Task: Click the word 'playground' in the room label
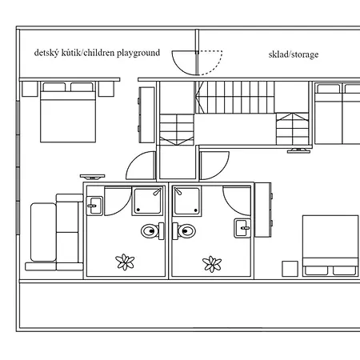tap(138, 53)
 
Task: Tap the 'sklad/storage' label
tap(294, 54)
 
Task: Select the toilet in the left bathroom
tap(153, 231)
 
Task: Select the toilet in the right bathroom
tap(184, 231)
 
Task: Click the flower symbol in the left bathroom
tap(125, 262)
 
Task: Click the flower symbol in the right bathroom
tap(212, 264)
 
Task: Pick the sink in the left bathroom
tap(94, 206)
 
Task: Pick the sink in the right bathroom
tap(242, 228)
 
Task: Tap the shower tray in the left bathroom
tap(147, 201)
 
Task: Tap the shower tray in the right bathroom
tap(187, 201)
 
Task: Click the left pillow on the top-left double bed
tap(54, 87)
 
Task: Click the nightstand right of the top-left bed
tap(106, 89)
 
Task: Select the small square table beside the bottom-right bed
tap(290, 269)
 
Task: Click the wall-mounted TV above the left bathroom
tap(93, 177)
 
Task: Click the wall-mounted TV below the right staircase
tap(298, 150)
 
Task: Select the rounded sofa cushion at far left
tap(43, 232)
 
